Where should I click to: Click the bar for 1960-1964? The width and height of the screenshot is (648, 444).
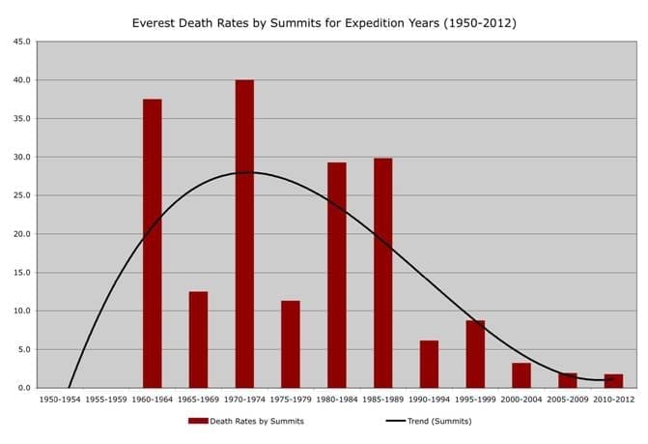click(x=152, y=243)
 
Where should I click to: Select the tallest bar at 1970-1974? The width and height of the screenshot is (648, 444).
click(x=244, y=233)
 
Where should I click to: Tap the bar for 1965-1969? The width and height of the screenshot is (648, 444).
click(x=198, y=340)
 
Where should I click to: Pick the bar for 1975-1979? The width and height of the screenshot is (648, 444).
click(x=291, y=344)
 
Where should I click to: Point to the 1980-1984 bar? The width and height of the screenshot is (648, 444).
click(x=336, y=275)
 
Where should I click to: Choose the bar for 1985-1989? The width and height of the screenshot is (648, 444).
click(x=382, y=273)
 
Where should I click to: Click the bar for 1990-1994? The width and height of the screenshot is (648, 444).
click(x=429, y=364)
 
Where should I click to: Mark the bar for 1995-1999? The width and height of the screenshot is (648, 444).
click(x=475, y=354)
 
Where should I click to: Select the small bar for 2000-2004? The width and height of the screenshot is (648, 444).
click(x=521, y=375)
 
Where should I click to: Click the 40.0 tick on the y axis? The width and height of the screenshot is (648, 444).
click(x=20, y=80)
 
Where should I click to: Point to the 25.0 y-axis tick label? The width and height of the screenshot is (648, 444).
click(x=20, y=195)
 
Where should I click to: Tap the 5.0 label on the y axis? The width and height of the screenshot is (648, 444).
click(x=22, y=349)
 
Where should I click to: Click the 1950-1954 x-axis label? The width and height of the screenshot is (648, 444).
click(x=60, y=398)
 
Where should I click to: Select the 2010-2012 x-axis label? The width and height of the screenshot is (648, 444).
click(x=614, y=398)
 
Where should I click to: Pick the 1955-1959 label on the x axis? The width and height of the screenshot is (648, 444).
click(x=106, y=398)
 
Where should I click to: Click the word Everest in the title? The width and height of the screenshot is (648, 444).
click(x=155, y=21)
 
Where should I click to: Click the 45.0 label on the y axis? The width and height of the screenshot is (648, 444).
click(x=20, y=42)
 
